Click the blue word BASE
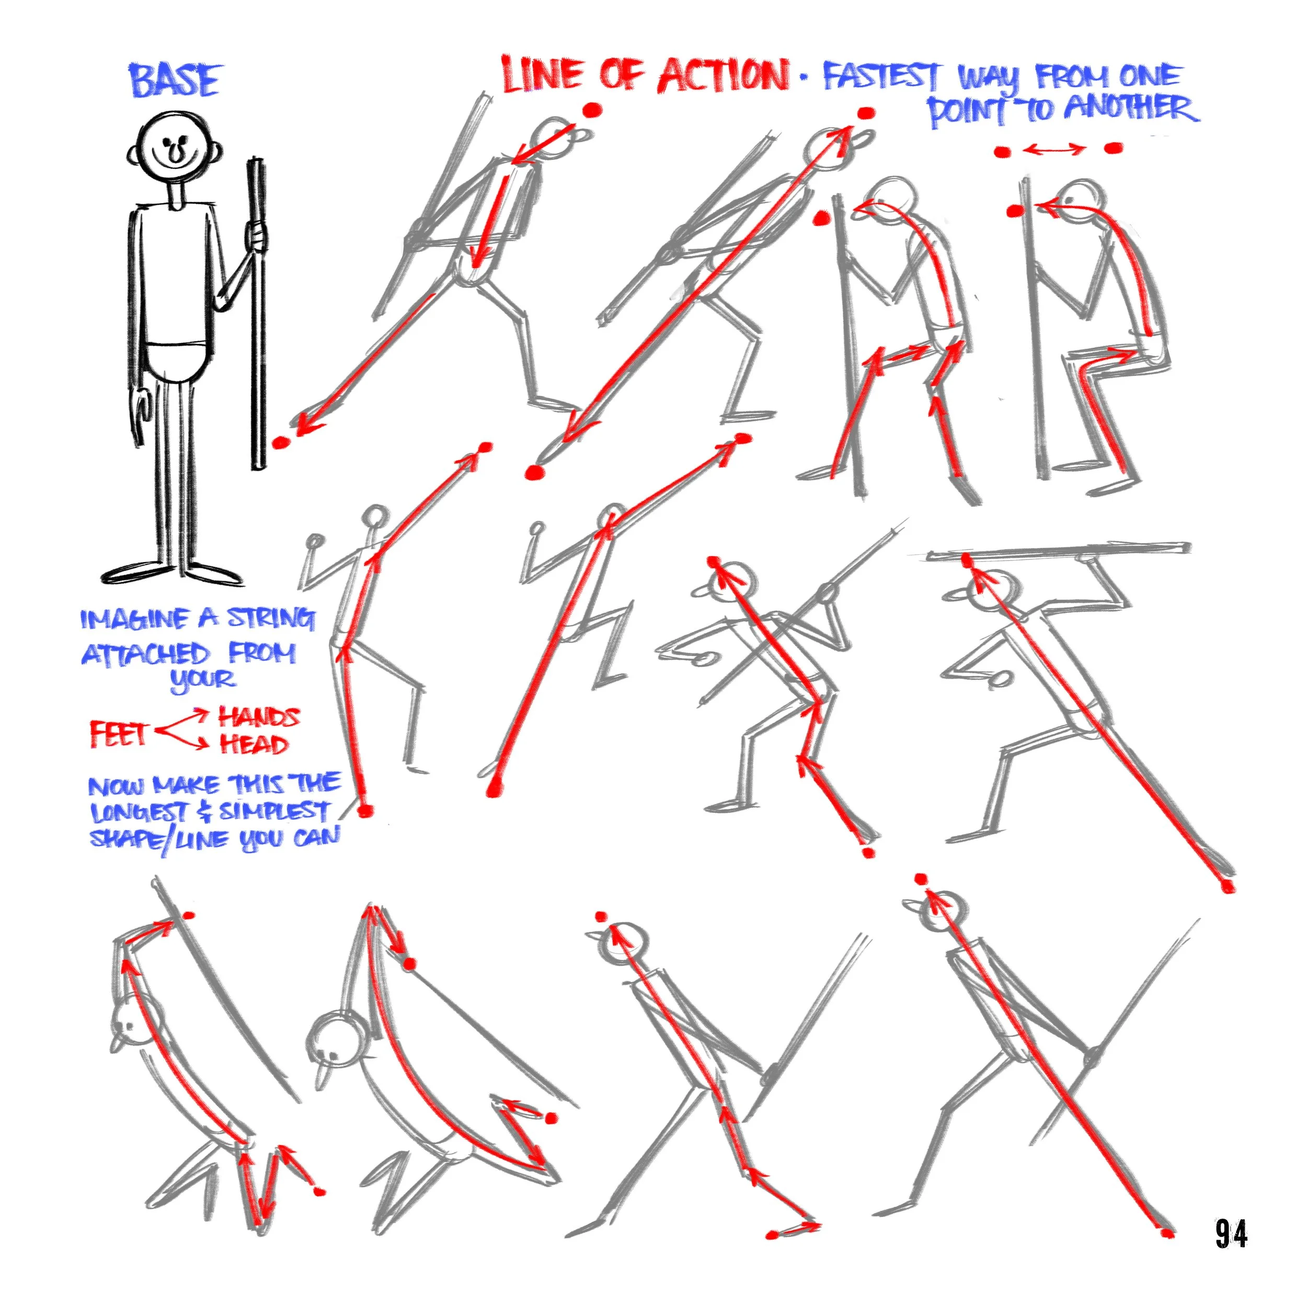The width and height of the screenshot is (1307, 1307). coord(175,81)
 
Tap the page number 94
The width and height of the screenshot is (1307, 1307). coord(1231,1233)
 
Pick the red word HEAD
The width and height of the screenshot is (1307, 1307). coord(254,744)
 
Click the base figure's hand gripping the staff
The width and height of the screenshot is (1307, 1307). coord(255,236)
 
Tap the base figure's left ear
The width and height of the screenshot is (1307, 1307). coord(134,154)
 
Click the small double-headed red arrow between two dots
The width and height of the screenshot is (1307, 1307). coord(1053,150)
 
